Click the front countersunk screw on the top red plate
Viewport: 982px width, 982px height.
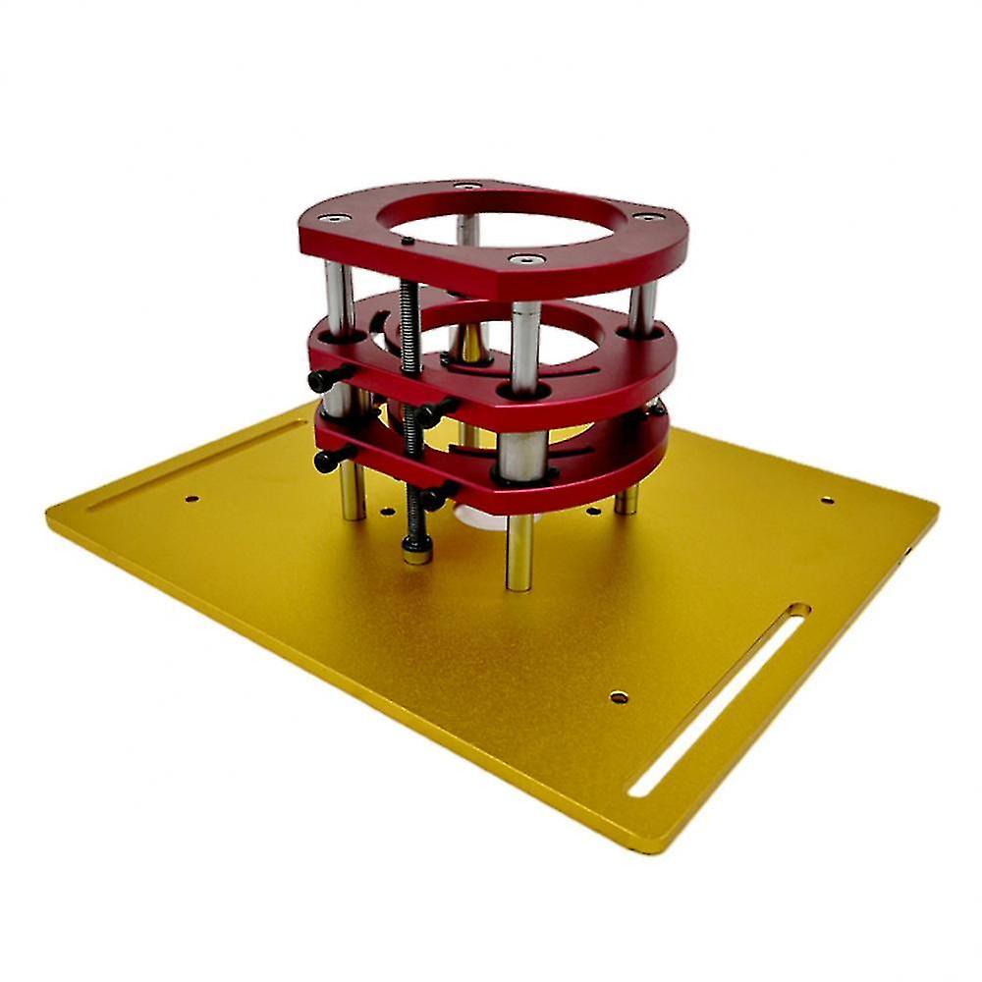(527, 260)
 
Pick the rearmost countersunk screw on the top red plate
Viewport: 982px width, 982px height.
(467, 186)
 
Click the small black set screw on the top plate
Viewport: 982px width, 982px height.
(406, 240)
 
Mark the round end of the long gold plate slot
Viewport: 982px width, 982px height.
(797, 610)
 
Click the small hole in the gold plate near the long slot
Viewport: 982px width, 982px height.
(619, 697)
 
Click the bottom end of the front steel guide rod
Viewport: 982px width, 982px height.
(519, 585)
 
